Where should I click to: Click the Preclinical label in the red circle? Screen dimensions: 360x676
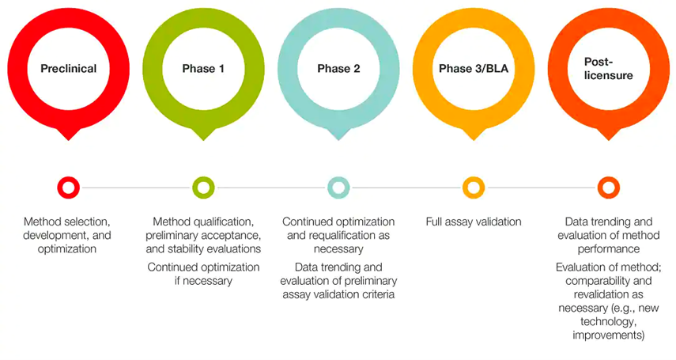(69, 69)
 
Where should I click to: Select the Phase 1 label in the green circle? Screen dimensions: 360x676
(203, 69)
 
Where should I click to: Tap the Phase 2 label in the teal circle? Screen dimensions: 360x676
(338, 69)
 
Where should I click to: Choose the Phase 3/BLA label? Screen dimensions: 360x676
(474, 69)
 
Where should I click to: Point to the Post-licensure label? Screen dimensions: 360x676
(608, 69)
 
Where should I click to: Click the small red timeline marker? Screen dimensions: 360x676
(69, 188)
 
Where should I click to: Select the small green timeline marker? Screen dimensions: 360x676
(203, 188)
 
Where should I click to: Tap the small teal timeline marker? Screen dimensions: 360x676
(338, 188)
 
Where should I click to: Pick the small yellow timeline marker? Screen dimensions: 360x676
(474, 188)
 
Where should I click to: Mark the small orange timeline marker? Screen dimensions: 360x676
(608, 188)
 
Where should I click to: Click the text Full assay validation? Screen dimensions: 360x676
(474, 222)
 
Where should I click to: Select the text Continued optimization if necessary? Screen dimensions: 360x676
(203, 274)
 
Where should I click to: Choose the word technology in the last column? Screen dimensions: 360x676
(608, 321)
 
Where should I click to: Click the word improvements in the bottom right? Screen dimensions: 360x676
(608, 335)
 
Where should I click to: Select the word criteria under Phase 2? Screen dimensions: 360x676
(383, 294)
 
